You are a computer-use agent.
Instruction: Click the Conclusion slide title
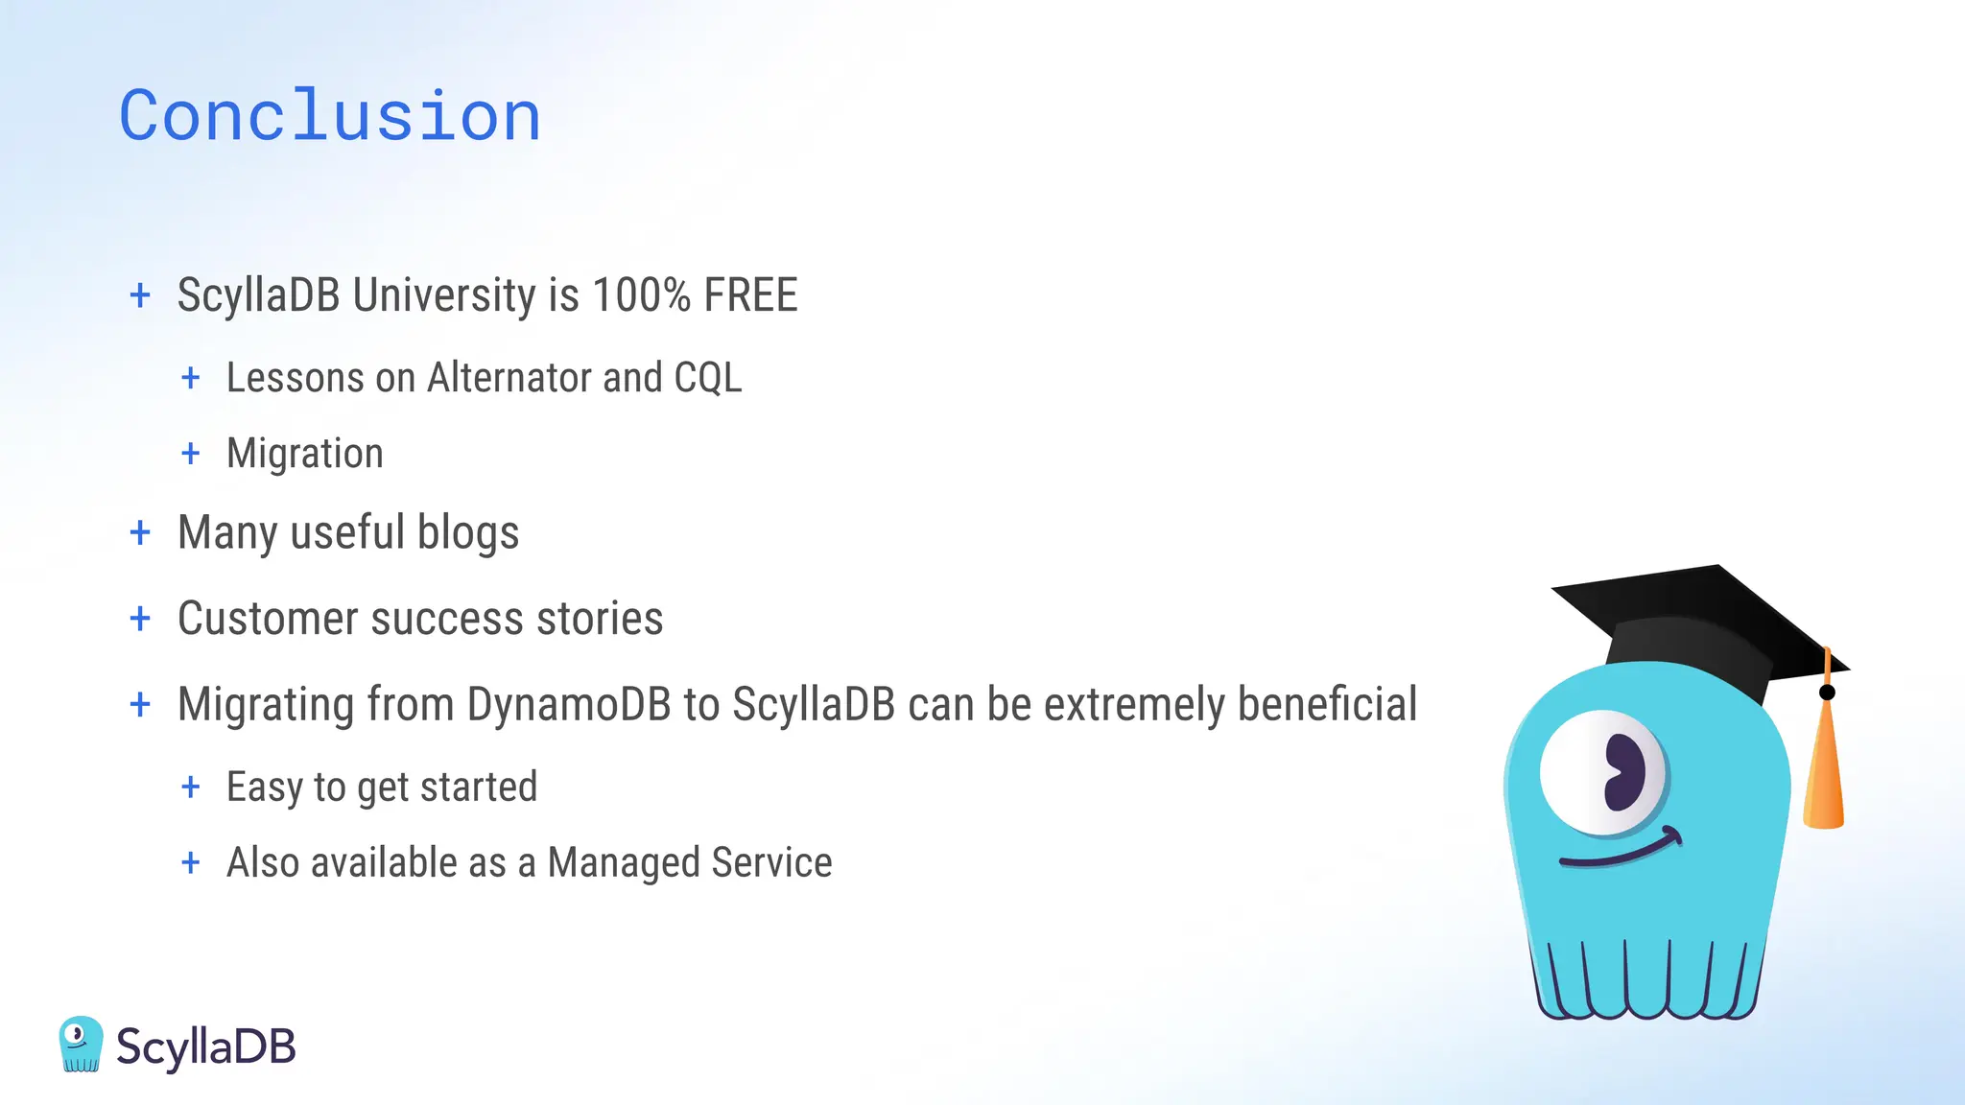pos(330,116)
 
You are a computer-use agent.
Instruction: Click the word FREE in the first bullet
pos(750,295)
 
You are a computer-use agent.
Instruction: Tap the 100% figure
pos(641,295)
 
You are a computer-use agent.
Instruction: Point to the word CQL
pos(708,378)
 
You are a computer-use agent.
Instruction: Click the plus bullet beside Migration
pos(191,454)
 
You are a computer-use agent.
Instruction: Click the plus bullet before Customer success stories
pos(140,619)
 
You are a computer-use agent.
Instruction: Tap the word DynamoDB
pos(569,705)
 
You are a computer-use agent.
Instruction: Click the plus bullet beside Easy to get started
pos(191,788)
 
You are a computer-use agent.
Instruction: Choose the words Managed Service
pos(690,863)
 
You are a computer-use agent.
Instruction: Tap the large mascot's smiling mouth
pos(1622,851)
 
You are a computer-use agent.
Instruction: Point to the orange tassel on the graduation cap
pos(1824,767)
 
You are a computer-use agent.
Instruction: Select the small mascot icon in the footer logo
pos(81,1045)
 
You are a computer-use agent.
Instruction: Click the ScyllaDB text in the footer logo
pos(206,1046)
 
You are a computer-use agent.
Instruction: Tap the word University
pos(444,295)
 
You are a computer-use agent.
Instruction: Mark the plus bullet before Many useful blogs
pos(140,532)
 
